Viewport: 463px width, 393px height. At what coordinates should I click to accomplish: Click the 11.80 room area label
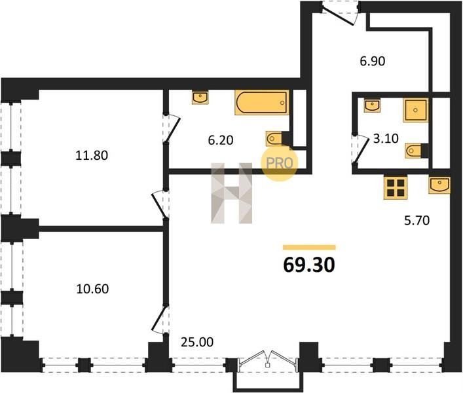click(x=92, y=155)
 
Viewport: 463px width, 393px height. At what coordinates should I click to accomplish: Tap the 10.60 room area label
click(x=92, y=289)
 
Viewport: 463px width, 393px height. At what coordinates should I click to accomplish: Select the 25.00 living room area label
click(x=197, y=342)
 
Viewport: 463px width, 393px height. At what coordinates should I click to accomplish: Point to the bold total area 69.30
click(x=309, y=264)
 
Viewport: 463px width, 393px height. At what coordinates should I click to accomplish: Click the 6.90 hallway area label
click(x=373, y=61)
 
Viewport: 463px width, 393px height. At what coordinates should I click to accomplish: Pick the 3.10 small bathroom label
click(x=386, y=138)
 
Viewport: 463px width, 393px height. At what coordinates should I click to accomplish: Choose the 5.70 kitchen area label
click(x=417, y=220)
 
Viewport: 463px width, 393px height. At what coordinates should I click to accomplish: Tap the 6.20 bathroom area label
click(x=221, y=140)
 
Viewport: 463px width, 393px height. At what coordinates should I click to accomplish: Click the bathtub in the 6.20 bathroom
click(x=261, y=102)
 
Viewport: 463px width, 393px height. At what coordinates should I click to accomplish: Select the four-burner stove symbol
click(x=396, y=187)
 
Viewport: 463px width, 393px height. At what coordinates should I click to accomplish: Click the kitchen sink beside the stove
click(x=439, y=185)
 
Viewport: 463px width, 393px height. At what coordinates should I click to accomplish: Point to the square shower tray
click(x=415, y=110)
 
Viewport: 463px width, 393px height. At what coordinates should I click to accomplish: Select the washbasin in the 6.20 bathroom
click(x=200, y=97)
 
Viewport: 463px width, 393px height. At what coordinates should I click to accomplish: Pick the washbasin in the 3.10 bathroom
click(x=372, y=105)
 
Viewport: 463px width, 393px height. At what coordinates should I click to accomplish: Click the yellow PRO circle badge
click(x=280, y=162)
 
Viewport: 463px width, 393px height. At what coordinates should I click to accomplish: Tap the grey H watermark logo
click(x=232, y=193)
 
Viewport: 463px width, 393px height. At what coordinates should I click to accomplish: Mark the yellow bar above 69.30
click(x=309, y=247)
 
